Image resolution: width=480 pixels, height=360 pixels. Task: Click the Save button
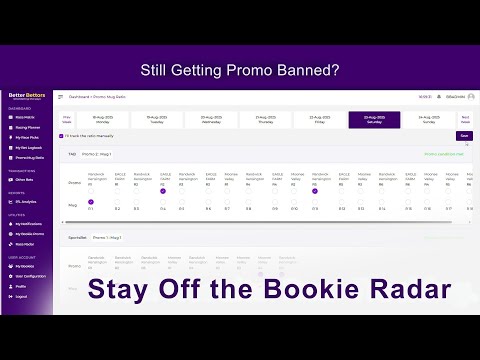pyautogui.click(x=463, y=135)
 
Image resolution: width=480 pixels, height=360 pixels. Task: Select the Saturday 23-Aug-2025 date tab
pyautogui.click(x=374, y=119)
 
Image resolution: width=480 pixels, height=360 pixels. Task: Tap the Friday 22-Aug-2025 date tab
pyautogui.click(x=320, y=119)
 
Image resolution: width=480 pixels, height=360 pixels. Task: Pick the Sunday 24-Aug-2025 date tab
pyautogui.click(x=428, y=119)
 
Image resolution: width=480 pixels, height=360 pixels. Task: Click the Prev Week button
pyautogui.click(x=68, y=119)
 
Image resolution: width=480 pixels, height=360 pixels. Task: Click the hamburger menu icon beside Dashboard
pyautogui.click(x=60, y=96)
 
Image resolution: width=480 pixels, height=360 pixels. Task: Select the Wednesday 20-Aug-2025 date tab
pyautogui.click(x=212, y=119)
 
